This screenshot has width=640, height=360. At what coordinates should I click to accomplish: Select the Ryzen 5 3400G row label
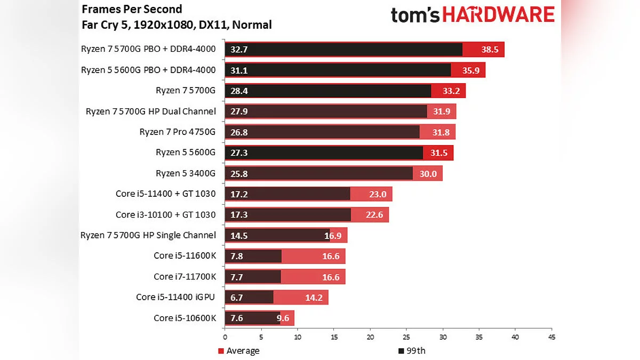pos(185,173)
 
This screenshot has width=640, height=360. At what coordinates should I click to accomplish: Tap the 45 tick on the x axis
pos(551,338)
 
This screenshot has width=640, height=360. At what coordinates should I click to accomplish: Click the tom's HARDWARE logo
pos(473,15)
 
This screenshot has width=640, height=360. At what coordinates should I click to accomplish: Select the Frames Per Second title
pos(132,9)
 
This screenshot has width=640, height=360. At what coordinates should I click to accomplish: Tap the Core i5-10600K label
pos(185,318)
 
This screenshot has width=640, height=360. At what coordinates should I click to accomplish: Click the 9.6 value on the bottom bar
pos(283,318)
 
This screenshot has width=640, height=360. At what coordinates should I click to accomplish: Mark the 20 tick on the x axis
pos(370,338)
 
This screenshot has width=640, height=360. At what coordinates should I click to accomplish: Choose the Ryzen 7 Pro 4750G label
pos(178,132)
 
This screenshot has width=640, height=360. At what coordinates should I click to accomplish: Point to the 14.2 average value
pos(314,298)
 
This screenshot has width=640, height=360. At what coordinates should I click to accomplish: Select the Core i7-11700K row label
pos(185,277)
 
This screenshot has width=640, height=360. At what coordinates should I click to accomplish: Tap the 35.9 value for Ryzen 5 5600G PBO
pos(471,70)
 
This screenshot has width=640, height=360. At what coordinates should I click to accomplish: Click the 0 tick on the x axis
pos(225,338)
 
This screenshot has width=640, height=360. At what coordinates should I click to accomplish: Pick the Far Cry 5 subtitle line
pos(177,25)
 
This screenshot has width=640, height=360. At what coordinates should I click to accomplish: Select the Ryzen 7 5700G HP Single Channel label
pos(148,235)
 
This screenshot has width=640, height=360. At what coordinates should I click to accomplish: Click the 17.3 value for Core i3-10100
pos(238,215)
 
